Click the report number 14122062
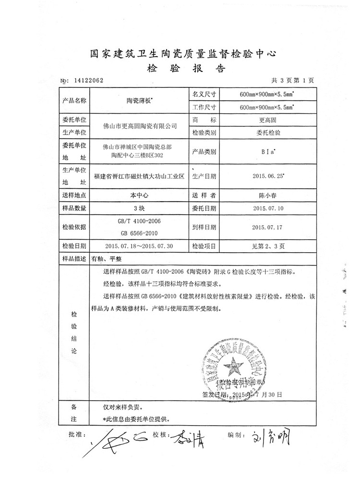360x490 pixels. tap(87, 81)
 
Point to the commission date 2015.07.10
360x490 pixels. tap(268, 208)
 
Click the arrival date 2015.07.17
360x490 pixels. tap(268, 227)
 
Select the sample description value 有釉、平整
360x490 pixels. tap(109, 258)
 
